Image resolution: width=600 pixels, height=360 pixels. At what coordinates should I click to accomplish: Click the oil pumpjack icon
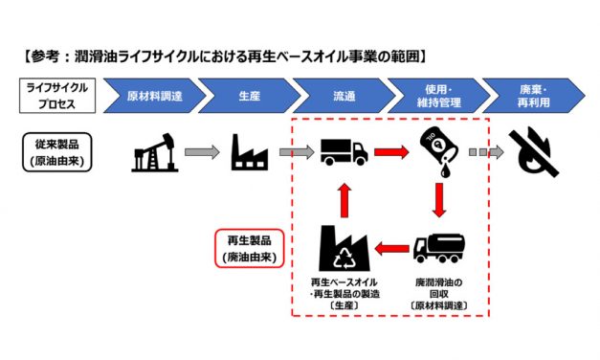154,151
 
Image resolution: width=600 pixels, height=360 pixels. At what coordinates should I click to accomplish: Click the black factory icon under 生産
251,151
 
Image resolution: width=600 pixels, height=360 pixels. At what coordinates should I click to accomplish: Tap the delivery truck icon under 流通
343,151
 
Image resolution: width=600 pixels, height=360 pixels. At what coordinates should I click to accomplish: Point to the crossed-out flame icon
537,151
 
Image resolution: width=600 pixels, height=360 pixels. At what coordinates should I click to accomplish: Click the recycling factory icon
343,248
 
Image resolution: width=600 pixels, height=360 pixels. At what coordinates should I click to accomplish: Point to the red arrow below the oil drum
441,199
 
